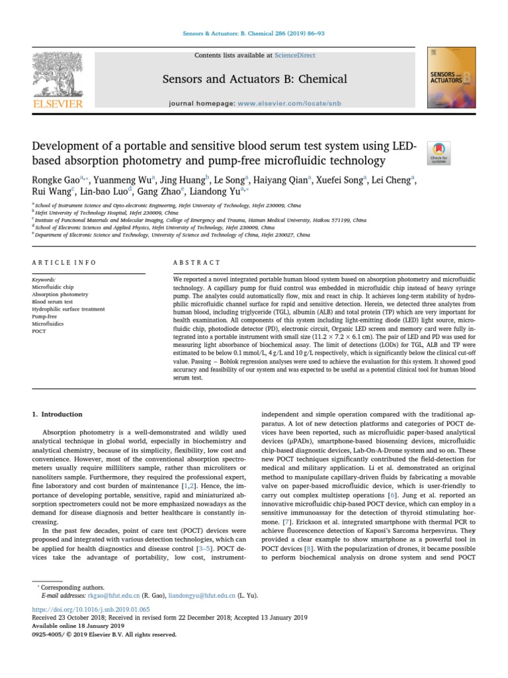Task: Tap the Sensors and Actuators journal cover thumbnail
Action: coord(452,78)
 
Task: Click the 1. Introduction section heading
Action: coord(58,414)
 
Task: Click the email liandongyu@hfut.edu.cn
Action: coord(203,597)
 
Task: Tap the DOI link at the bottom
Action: coord(91,609)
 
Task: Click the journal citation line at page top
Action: coord(253,33)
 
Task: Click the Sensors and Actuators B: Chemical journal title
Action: coord(255,79)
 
